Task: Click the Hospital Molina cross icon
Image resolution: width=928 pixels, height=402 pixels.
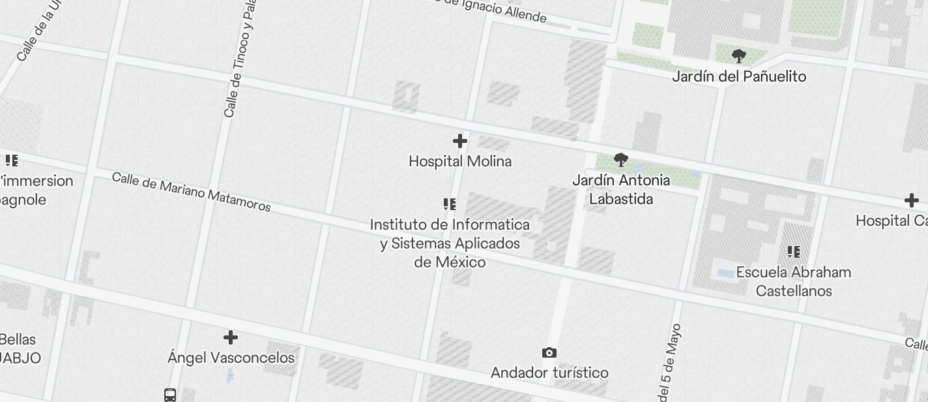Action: [x=460, y=141]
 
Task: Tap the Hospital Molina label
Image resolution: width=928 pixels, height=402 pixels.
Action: [x=460, y=161]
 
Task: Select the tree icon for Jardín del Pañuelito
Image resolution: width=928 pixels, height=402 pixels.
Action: [x=738, y=56]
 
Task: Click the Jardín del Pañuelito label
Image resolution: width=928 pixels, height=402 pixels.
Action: [x=739, y=76]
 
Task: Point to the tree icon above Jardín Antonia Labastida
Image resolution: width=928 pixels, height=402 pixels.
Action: [x=621, y=159]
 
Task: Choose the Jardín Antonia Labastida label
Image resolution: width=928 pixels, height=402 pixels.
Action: [x=621, y=189]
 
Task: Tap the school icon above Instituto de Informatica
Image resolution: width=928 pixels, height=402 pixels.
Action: [x=450, y=204]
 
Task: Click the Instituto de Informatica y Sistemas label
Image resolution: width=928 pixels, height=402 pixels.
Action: [x=450, y=243]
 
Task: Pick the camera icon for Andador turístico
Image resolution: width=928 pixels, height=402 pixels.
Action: [x=549, y=353]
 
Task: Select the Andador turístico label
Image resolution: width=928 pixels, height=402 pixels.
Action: [x=549, y=373]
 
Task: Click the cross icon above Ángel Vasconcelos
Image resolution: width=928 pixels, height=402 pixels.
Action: [x=231, y=337]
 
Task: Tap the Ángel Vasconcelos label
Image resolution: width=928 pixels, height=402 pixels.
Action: [x=231, y=358]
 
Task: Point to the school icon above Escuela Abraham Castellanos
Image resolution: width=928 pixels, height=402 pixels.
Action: [x=794, y=251]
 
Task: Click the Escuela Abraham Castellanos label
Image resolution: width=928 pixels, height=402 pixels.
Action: [x=794, y=281]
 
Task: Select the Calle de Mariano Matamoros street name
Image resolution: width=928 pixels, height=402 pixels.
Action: [x=191, y=192]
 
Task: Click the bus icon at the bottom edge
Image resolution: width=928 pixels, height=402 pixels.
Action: [x=170, y=395]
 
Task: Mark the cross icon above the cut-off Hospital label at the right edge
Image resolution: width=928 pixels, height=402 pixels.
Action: [x=911, y=200]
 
